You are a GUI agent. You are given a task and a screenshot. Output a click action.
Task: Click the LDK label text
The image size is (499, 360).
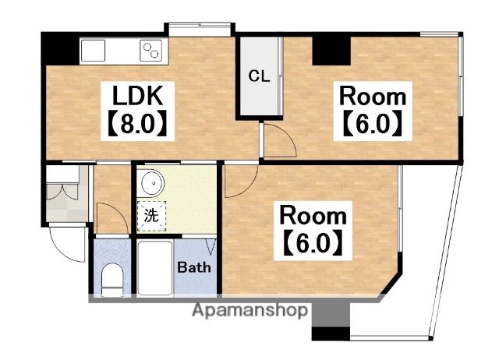138,95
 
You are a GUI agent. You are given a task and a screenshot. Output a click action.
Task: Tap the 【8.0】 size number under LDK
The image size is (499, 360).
138,123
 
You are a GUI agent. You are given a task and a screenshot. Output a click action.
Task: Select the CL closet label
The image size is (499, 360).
259,76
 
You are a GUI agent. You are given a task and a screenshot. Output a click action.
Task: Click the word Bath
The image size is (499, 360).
194,267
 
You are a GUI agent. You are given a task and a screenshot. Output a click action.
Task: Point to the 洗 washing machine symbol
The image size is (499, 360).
151,216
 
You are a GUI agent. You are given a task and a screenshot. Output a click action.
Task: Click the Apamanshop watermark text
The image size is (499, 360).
249,309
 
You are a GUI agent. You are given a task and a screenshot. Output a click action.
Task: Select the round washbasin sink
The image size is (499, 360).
153,184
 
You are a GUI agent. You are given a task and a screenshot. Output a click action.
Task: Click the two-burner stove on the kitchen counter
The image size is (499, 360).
150,51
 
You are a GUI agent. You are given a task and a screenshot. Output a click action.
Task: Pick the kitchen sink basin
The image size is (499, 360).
93,51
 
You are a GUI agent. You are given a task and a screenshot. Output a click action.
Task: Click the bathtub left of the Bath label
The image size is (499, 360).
155,269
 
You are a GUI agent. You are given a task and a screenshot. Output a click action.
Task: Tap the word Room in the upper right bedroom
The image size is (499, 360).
373,97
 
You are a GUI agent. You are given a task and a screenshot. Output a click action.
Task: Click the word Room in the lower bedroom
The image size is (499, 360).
313,216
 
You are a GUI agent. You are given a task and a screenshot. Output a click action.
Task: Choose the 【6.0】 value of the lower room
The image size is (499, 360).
313,243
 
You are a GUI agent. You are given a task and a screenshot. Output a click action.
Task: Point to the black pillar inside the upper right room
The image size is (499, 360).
331,51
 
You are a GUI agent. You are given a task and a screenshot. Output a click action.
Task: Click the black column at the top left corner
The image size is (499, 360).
60,48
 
